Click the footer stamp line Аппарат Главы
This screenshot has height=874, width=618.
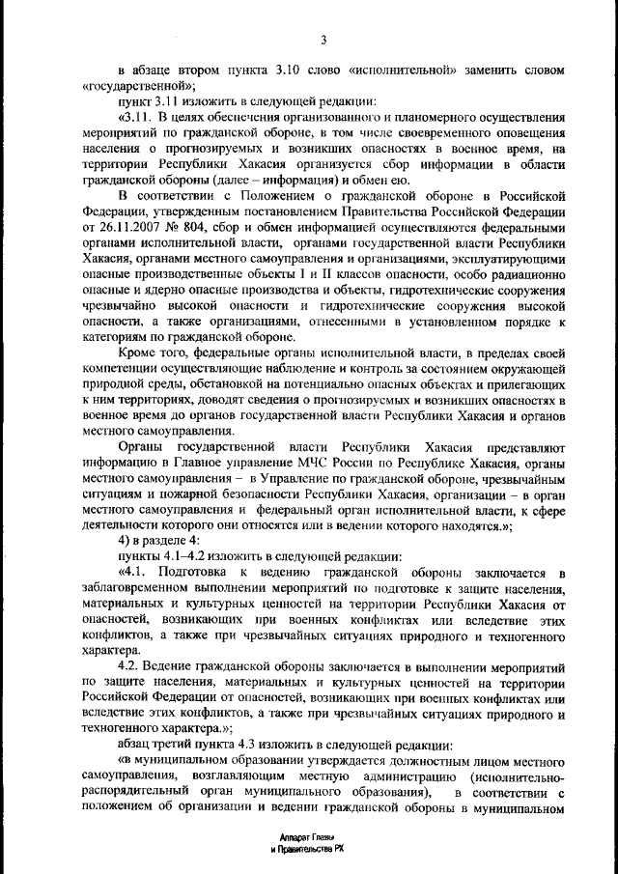pyautogui.click(x=306, y=835)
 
